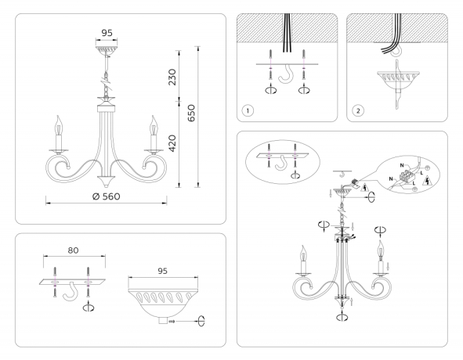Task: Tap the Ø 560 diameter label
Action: (x=105, y=196)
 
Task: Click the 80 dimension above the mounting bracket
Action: (x=73, y=252)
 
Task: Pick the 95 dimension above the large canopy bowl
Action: (x=163, y=271)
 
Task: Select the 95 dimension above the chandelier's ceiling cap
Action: (x=107, y=33)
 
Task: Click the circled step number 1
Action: (x=248, y=110)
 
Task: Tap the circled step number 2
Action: (x=358, y=110)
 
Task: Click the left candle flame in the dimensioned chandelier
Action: (x=57, y=124)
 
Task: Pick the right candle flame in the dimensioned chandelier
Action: (x=154, y=124)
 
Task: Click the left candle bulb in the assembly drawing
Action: (x=302, y=254)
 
